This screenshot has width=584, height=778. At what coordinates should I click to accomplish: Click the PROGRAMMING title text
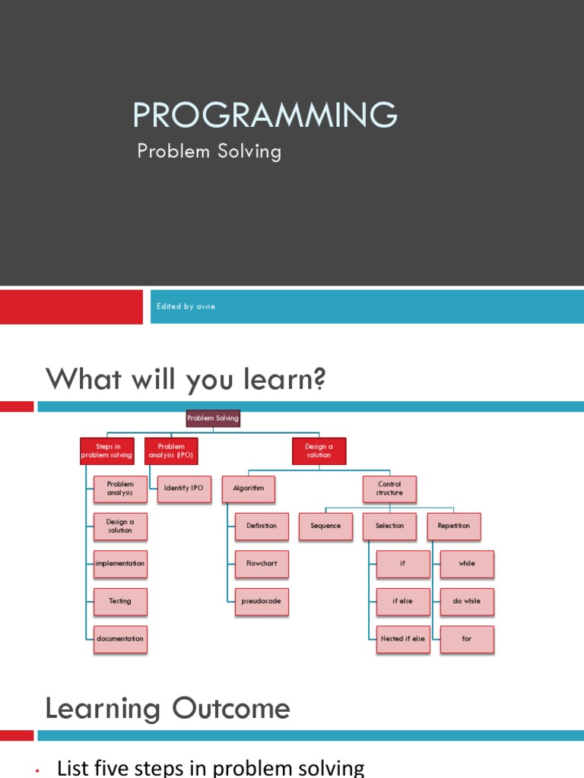(265, 115)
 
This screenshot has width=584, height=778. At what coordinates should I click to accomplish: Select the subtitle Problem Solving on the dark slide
(209, 151)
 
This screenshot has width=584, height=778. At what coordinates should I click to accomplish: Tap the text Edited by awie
(186, 306)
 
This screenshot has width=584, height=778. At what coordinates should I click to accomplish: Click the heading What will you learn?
(186, 378)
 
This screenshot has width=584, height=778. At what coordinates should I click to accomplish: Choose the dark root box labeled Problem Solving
(213, 418)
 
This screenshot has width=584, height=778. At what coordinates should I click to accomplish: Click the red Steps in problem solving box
(106, 451)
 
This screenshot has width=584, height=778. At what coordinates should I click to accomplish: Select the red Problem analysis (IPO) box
(171, 451)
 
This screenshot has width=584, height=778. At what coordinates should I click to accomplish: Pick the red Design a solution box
(319, 451)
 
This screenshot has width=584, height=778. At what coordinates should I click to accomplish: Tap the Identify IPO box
(184, 489)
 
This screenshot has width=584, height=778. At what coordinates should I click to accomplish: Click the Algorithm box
(249, 489)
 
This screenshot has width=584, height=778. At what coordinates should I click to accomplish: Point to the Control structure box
(389, 489)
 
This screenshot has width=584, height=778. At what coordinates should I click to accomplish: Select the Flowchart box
(262, 564)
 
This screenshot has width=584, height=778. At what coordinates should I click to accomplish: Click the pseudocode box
(262, 601)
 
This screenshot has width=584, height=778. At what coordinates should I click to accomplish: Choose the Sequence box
(325, 526)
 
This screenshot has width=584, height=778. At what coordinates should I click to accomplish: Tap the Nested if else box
(403, 639)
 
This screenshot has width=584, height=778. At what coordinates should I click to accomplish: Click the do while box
(467, 601)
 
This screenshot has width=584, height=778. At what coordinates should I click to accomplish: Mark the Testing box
(120, 601)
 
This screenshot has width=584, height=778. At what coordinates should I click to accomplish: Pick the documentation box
(120, 639)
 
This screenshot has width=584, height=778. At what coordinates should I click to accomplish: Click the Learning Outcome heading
(167, 709)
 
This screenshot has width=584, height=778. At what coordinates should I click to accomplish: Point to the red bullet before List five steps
(36, 772)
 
